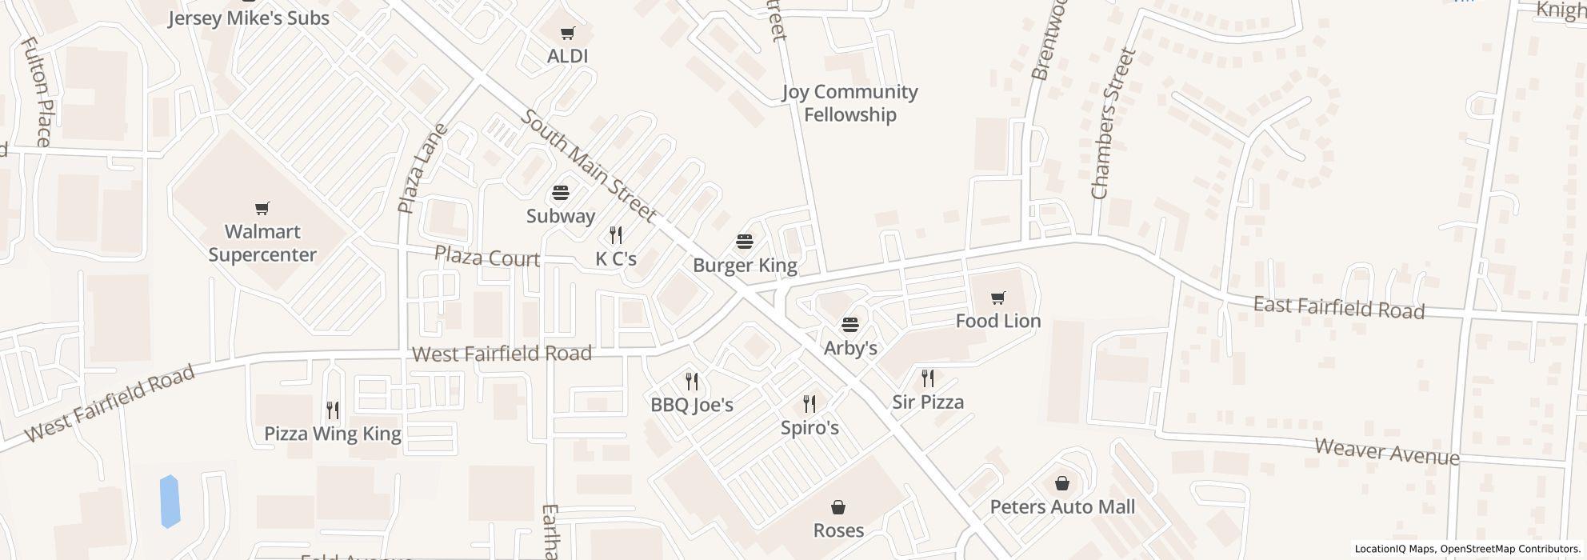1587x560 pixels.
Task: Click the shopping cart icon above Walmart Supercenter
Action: coord(262,209)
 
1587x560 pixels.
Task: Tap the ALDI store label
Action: coord(567,56)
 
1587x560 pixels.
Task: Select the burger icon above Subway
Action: coord(561,193)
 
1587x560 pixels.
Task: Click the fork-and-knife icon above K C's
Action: coord(616,235)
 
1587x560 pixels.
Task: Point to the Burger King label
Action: coord(745,265)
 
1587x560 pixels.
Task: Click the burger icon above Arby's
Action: coord(850,325)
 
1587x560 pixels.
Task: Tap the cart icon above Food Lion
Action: coord(997,298)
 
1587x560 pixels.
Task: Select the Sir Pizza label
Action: coord(928,402)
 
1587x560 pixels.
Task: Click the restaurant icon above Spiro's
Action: coord(809,404)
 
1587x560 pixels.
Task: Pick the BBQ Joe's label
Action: coord(692,405)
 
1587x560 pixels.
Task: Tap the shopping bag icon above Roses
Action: coord(838,507)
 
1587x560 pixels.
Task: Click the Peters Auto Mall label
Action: coord(1062,506)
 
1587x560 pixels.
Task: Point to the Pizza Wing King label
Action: coord(333,434)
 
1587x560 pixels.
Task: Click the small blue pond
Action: coord(170,502)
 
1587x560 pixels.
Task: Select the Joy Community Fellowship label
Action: coord(849,103)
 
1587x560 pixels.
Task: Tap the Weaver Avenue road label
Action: coord(1387,452)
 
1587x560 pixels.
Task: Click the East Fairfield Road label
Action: coord(1338,307)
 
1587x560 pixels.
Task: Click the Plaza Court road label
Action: coord(487,258)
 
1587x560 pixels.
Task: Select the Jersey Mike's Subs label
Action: coord(249,18)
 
